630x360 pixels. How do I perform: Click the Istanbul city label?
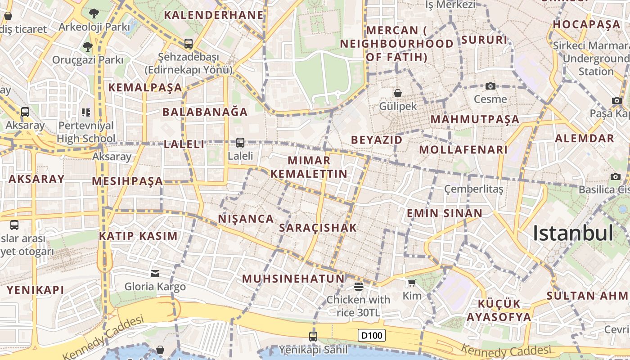(x=573, y=233)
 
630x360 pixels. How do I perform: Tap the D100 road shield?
(x=372, y=335)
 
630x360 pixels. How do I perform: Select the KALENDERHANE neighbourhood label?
(x=214, y=15)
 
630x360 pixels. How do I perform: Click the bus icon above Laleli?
(x=240, y=143)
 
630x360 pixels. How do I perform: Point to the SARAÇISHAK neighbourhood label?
(x=318, y=228)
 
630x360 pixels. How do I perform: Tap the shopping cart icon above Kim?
(x=412, y=283)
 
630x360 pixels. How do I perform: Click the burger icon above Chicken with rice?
(x=359, y=286)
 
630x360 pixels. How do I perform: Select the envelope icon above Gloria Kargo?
(x=155, y=273)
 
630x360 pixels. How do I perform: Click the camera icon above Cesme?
(x=490, y=86)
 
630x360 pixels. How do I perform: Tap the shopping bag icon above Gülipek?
(x=398, y=93)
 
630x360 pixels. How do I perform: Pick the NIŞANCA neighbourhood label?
(x=246, y=219)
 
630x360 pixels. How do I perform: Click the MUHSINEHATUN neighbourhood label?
(x=293, y=279)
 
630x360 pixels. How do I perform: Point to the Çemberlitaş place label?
(x=474, y=189)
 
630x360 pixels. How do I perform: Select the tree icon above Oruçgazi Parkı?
(x=87, y=46)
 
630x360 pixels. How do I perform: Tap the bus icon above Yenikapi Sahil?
(x=313, y=336)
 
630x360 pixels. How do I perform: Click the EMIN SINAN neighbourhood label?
(x=445, y=213)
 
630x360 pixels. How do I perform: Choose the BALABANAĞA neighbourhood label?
(x=205, y=112)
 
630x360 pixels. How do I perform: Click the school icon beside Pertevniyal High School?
(x=86, y=112)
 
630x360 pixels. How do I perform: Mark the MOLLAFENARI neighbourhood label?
(x=463, y=149)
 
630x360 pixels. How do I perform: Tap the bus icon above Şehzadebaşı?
(x=189, y=44)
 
